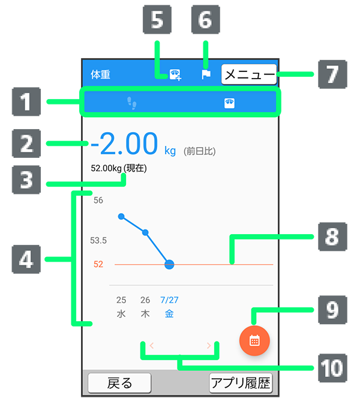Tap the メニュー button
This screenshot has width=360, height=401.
click(x=249, y=74)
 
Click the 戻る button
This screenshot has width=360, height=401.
click(x=119, y=383)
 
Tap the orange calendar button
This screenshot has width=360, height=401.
click(x=254, y=340)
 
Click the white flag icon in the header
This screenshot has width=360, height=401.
click(x=206, y=74)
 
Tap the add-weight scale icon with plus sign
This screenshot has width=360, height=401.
click(x=175, y=74)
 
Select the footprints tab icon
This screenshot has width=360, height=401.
click(x=132, y=103)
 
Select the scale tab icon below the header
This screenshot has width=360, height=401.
click(x=229, y=103)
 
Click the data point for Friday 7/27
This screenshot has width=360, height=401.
click(x=169, y=265)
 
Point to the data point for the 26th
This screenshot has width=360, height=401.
click(x=145, y=232)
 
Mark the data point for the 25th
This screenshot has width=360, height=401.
click(x=121, y=217)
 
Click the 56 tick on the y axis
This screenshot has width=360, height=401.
click(x=98, y=200)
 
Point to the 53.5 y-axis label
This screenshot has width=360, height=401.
click(x=98, y=240)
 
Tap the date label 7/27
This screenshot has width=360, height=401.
click(x=169, y=300)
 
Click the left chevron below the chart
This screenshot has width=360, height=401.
click(x=152, y=346)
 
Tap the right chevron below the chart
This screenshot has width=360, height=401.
click(x=209, y=346)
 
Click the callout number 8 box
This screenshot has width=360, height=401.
click(x=332, y=237)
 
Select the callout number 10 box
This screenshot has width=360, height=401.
click(x=332, y=368)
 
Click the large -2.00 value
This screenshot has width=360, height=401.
click(x=125, y=143)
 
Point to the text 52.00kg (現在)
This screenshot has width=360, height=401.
click(x=119, y=168)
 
